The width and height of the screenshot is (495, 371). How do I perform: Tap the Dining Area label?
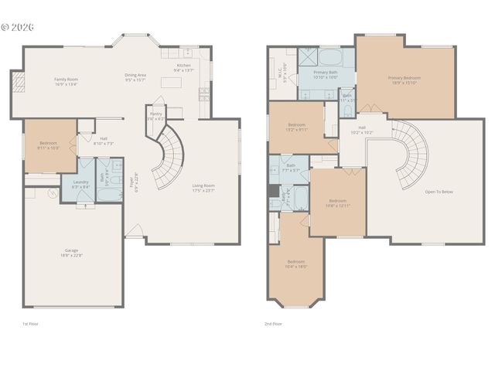pyautogui.click(x=135, y=77)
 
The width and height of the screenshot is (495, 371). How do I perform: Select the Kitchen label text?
pyautogui.click(x=184, y=68)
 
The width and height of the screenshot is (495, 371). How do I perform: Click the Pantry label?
pyautogui.click(x=155, y=116)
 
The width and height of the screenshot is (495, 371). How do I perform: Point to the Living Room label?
pyautogui.click(x=203, y=187)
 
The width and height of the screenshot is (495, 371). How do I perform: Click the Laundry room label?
pyautogui.click(x=80, y=185)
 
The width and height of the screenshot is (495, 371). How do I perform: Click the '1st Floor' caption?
pyautogui.click(x=30, y=324)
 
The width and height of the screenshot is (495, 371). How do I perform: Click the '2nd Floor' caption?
pyautogui.click(x=273, y=324)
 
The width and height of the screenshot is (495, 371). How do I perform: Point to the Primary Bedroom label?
pyautogui.click(x=405, y=80)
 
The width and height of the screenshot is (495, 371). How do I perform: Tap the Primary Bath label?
pyautogui.click(x=325, y=74)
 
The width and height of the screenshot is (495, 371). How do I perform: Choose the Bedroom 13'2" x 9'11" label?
pyautogui.click(x=298, y=127)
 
